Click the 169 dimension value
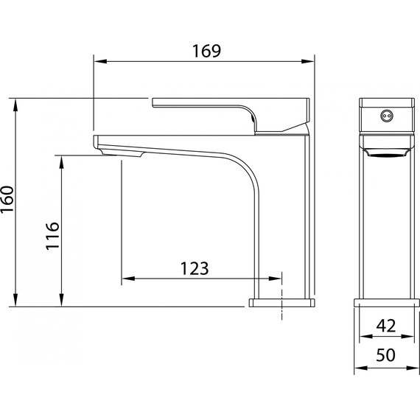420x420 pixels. click(x=207, y=51)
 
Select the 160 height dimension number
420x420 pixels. click(x=7, y=199)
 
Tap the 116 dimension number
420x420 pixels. click(x=52, y=236)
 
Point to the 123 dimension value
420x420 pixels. click(x=195, y=268)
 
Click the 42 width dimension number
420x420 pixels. click(x=385, y=326)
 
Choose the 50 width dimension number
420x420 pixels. click(x=385, y=355)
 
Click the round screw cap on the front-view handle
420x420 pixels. click(x=387, y=116)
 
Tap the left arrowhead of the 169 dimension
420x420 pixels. click(x=101, y=61)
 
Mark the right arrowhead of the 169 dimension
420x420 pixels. click(x=307, y=61)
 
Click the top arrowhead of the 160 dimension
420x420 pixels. click(x=15, y=105)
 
